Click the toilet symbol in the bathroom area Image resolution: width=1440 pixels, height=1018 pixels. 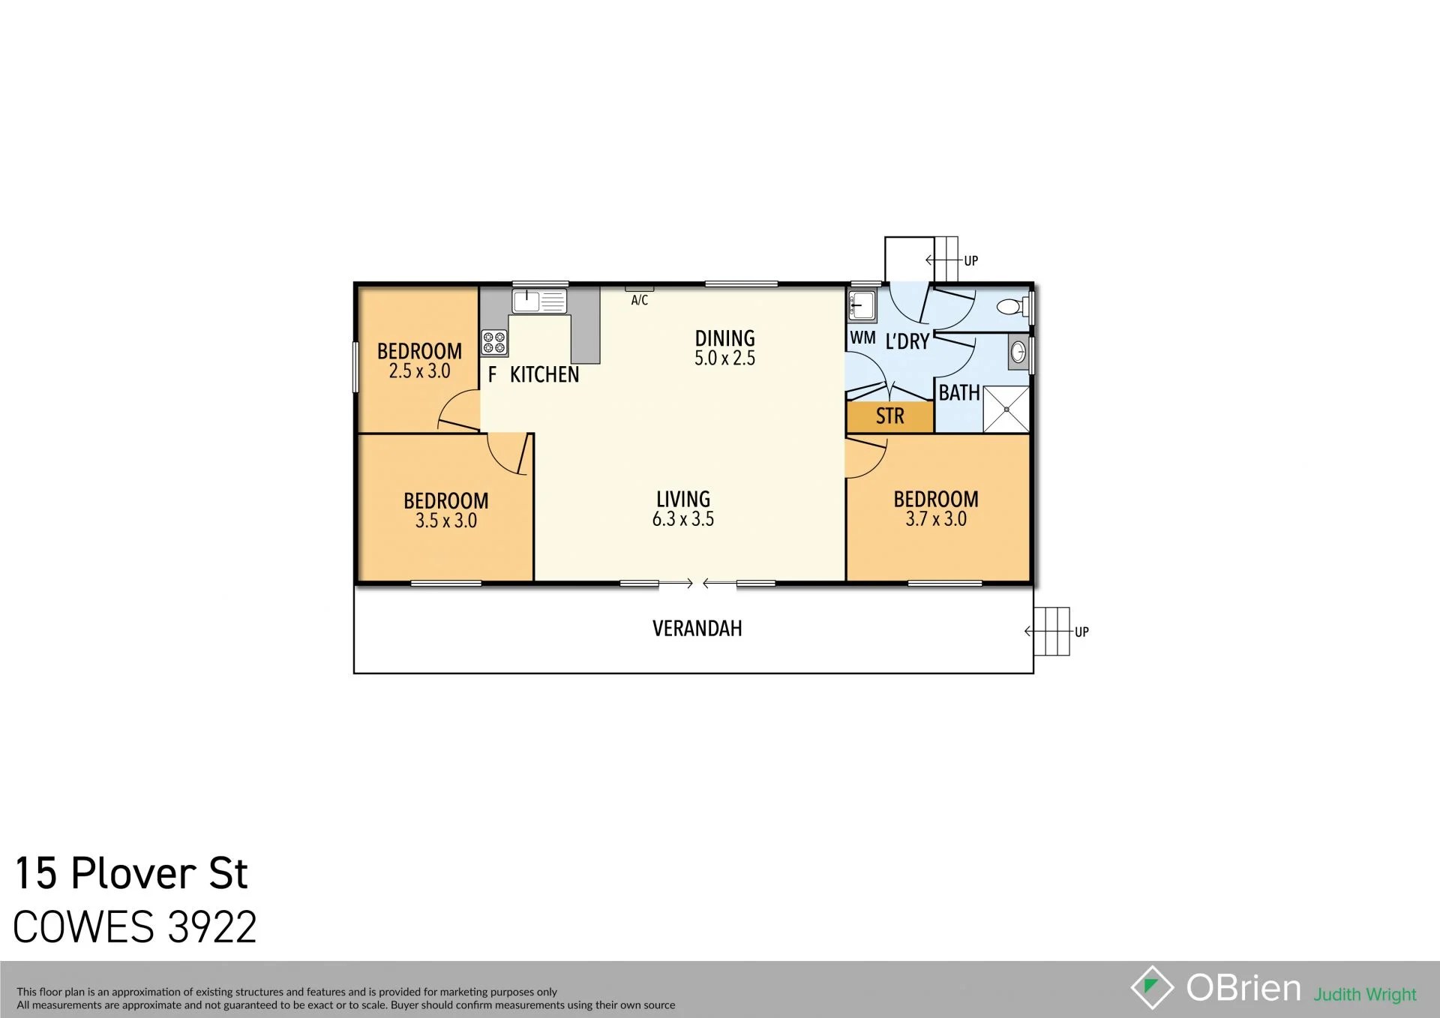coord(1012,307)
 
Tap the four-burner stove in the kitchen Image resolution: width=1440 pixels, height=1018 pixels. coord(494,343)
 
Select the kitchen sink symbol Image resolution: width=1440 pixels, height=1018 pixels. coord(539,302)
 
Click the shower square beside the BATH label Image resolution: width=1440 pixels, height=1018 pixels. coord(1006,410)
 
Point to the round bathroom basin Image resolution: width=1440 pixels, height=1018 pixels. coord(1018,352)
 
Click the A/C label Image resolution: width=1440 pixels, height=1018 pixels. coord(640,301)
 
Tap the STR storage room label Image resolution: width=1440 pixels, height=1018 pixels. coord(890,416)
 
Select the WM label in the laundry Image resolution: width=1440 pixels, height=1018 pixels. coord(862,338)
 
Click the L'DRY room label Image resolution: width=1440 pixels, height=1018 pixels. coord(907,342)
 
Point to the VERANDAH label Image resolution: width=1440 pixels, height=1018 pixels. coord(697,629)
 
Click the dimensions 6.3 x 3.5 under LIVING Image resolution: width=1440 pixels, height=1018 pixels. coord(683,519)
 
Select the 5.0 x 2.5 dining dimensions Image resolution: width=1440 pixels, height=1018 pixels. coord(724,359)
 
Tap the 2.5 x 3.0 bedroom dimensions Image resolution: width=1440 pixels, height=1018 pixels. coord(419,371)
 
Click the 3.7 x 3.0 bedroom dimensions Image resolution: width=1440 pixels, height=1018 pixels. coord(936,519)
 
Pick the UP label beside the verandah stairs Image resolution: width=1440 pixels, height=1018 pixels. coord(1081,632)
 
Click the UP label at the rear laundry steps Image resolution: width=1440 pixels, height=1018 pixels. coord(971,261)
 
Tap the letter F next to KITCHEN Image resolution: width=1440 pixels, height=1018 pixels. coord(493,374)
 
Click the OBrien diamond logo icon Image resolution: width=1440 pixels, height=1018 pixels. coord(1152,987)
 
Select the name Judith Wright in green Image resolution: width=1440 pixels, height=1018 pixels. coord(1365,995)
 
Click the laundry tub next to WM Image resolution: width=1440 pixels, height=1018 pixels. coord(862,306)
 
